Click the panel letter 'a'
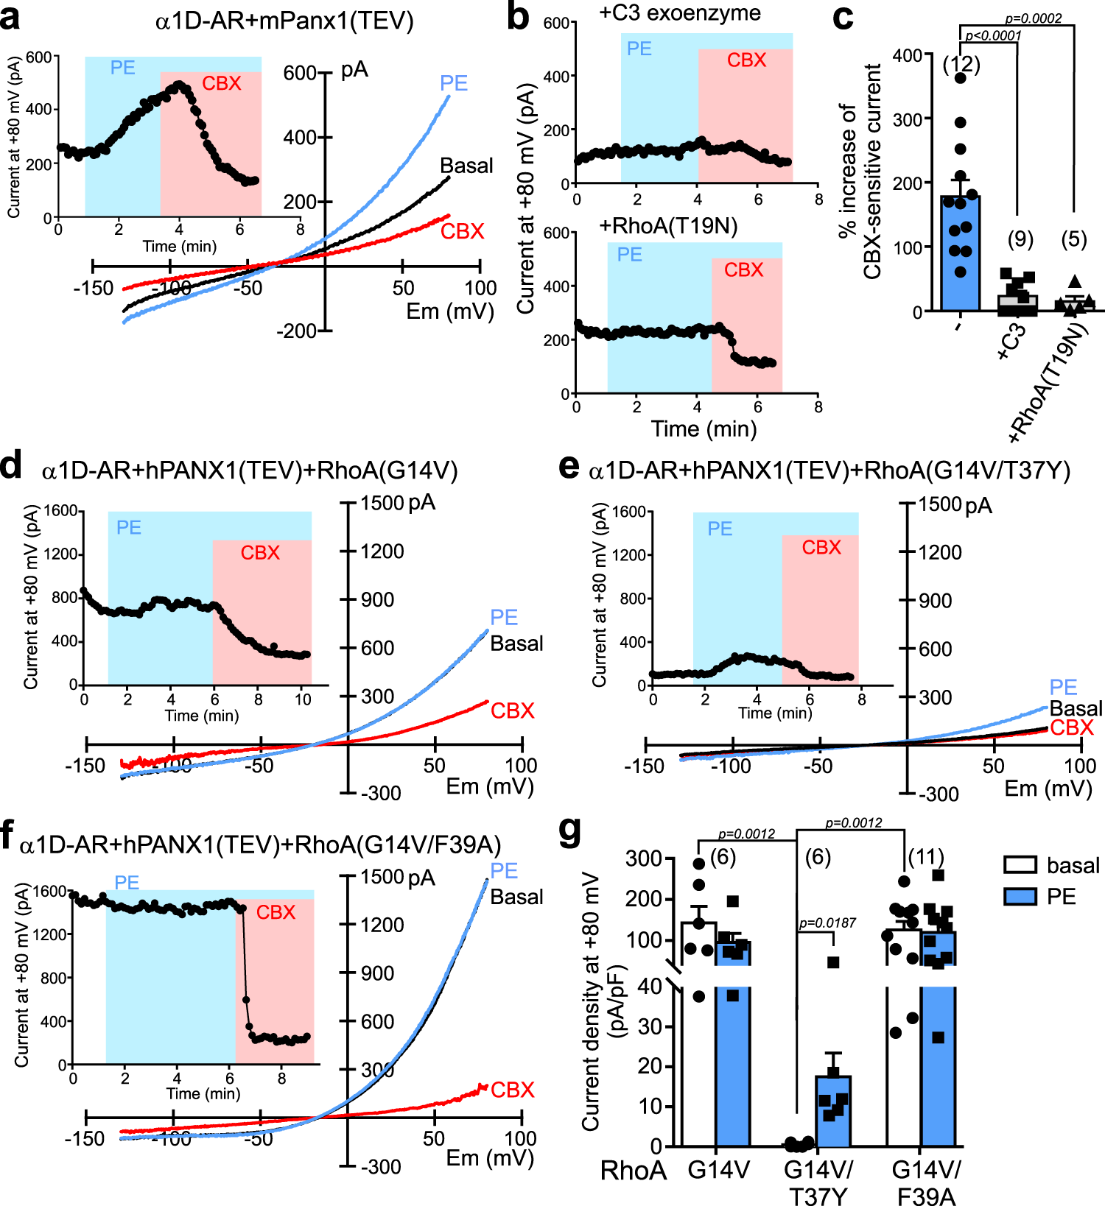(x=10, y=18)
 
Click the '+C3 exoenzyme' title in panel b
(x=679, y=13)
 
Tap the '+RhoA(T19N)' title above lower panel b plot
(x=668, y=225)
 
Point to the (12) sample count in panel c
(x=961, y=65)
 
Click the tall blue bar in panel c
(x=960, y=254)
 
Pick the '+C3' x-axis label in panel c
(x=1012, y=341)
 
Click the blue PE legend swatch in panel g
(x=1020, y=897)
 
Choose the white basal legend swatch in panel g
(x=1020, y=865)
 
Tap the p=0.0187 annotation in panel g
(x=827, y=923)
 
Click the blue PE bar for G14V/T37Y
(x=832, y=1112)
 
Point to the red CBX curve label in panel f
(x=512, y=1090)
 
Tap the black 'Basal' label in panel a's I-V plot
(x=466, y=166)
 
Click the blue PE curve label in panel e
(x=1063, y=687)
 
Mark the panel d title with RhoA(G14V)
(x=250, y=470)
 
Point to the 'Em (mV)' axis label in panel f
(x=490, y=1158)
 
